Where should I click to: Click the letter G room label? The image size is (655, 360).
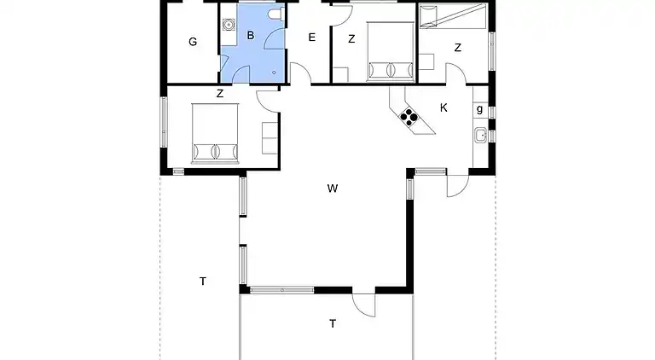(x=193, y=42)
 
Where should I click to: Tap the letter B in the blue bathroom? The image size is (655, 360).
(x=251, y=36)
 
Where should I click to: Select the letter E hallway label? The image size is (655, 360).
(x=311, y=38)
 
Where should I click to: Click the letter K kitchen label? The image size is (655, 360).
(x=443, y=107)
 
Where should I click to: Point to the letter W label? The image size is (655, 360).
(x=333, y=189)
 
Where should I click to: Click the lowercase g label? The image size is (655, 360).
(x=479, y=109)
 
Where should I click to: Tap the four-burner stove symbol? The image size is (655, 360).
(x=409, y=116)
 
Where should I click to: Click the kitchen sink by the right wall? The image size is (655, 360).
(x=481, y=136)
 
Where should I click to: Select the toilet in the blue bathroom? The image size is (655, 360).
(x=276, y=15)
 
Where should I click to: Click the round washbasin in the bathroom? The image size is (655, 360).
(x=228, y=25)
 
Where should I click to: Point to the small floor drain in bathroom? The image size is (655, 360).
(x=274, y=73)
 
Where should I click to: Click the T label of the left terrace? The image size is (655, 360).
(x=203, y=282)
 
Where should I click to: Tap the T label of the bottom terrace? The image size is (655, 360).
(x=333, y=323)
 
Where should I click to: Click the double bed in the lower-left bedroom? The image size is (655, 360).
(x=215, y=133)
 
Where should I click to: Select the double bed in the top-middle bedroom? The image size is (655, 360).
(x=391, y=51)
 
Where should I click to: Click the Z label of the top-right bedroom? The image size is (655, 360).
(x=458, y=48)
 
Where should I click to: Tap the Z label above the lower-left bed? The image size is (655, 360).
(x=220, y=94)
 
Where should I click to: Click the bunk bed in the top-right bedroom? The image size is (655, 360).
(x=452, y=16)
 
